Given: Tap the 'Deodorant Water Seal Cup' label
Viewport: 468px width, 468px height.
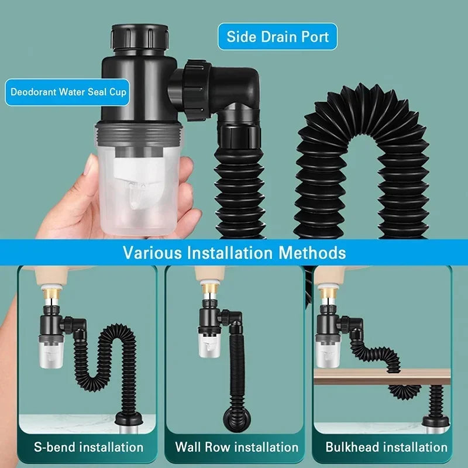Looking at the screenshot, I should [x=68, y=92].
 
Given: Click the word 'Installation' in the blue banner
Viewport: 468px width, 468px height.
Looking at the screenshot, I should [x=238, y=253].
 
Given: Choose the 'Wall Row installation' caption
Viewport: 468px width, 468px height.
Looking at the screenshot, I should [x=236, y=448].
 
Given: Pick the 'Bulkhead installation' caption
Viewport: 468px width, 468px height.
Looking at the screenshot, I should [x=387, y=448].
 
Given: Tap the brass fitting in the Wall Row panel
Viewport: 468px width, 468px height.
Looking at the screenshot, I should [x=208, y=287].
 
